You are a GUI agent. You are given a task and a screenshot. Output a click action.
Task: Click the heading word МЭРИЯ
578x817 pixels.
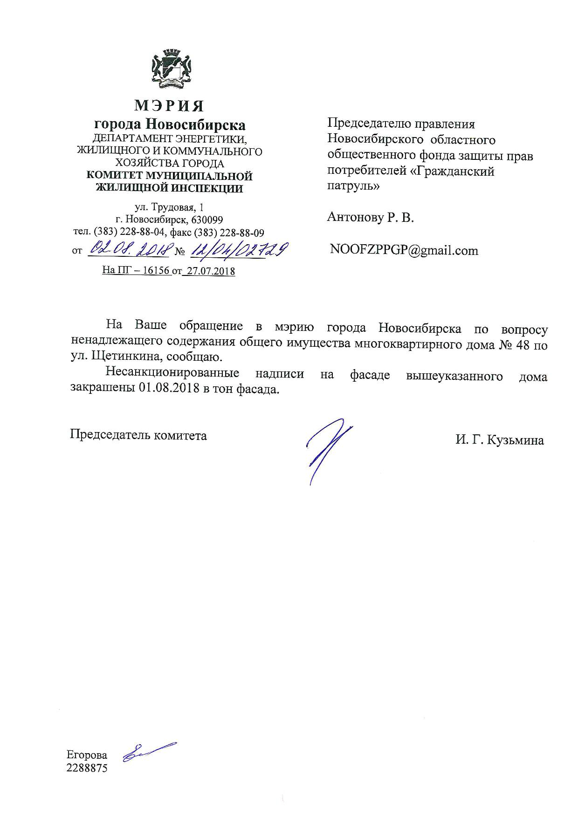(169, 106)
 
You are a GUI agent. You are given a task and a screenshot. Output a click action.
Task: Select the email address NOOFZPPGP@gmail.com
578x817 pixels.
(404, 250)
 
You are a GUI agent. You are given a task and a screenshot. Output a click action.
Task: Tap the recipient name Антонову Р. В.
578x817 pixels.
(371, 217)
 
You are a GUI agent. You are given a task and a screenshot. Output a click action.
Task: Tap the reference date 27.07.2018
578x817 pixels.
(209, 271)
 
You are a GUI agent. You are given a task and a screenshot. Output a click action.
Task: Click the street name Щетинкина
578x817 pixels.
(119, 357)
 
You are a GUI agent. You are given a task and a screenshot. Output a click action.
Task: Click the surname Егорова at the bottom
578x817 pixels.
(87, 755)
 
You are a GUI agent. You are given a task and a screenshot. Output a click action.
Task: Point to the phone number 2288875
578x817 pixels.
(87, 768)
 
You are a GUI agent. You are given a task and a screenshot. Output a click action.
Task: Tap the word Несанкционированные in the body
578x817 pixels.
(172, 373)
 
